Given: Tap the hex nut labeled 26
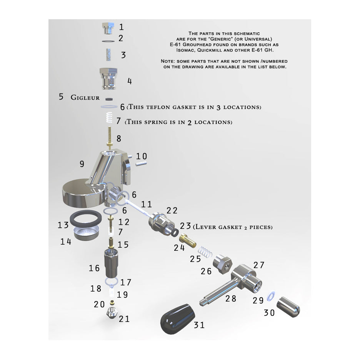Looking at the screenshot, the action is coord(222,264).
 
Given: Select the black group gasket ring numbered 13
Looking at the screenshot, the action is coord(86,218).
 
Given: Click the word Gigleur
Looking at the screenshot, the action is coord(85,97).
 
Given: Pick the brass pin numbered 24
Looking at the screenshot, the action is coord(188,240).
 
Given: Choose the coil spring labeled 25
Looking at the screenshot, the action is coord(205,252).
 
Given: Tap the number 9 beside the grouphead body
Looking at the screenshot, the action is coord(82,164).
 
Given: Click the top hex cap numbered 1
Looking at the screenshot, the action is coord(108,28).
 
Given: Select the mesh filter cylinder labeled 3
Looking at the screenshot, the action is coord(109,55).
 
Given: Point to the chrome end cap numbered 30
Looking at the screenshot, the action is coord(288,307).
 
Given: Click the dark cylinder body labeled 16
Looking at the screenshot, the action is coord(112,263).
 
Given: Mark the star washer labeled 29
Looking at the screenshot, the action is coord(271,297).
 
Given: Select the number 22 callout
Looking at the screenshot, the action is coord(172,210).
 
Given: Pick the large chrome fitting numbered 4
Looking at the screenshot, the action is coord(108,78).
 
